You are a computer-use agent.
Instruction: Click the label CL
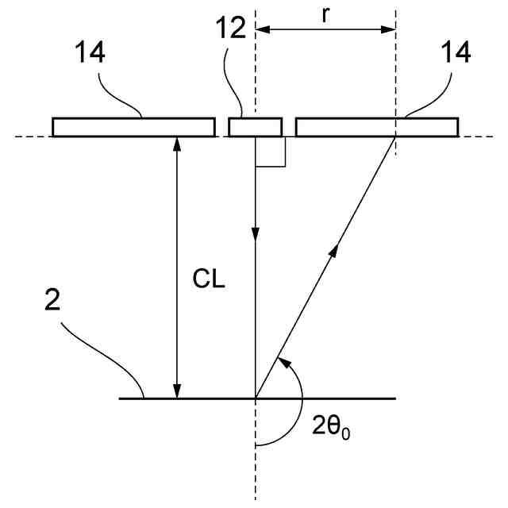(210, 280)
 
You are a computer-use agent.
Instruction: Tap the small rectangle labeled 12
(255, 127)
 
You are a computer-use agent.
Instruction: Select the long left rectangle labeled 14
(133, 127)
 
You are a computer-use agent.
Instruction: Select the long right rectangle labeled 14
(377, 127)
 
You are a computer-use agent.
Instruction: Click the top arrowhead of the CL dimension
(177, 144)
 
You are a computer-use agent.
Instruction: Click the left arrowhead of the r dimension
(263, 30)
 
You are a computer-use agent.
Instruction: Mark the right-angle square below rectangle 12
(270, 152)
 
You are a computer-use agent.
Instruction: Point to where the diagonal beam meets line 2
(256, 397)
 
